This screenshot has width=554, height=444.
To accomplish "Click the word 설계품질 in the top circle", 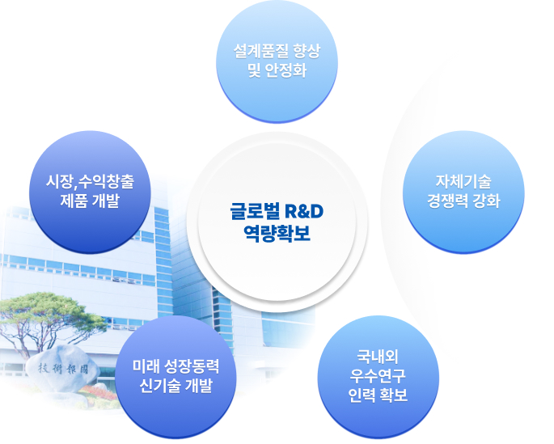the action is (257, 51).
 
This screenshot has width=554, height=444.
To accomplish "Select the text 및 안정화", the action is (277, 70).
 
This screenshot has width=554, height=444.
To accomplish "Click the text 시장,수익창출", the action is (90, 181).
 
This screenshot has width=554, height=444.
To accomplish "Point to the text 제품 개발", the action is (90, 201).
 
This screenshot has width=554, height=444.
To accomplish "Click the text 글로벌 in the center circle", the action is (255, 211).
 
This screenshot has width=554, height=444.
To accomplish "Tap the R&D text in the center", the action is (304, 211).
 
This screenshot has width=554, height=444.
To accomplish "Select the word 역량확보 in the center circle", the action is (277, 233).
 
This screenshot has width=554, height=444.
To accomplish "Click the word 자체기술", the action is (463, 181).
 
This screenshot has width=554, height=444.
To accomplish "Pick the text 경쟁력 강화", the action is (463, 201).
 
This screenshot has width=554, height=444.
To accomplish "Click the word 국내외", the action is (378, 357).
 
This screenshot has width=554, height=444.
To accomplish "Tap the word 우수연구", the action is (378, 375).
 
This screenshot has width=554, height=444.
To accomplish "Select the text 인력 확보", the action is (378, 395).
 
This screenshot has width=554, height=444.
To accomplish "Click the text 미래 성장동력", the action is (176, 366).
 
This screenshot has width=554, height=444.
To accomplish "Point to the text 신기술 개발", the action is (176, 385).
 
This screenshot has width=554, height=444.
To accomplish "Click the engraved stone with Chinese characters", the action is (63, 369).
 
